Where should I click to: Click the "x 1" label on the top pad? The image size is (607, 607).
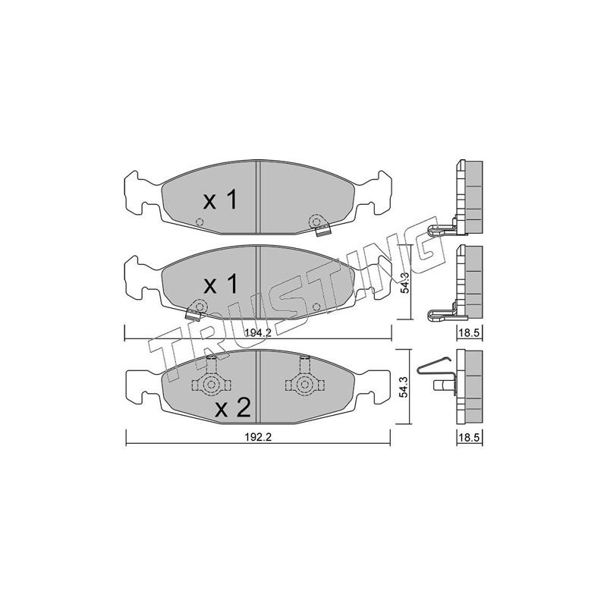tap(220, 200)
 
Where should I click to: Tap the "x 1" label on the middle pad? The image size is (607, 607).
tap(220, 285)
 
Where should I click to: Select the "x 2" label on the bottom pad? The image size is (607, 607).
tap(233, 408)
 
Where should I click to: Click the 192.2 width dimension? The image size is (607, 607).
tap(259, 438)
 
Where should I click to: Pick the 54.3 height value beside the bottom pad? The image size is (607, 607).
tap(404, 387)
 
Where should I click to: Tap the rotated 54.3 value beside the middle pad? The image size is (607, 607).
tap(404, 282)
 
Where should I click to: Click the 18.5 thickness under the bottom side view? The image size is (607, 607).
tap(469, 438)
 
